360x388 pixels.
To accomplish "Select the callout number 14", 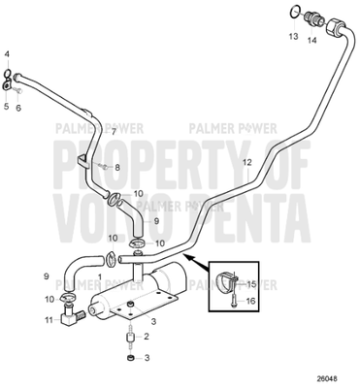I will point(311,41).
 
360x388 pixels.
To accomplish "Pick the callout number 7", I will point(113,131).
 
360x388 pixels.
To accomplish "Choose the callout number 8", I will point(117,167).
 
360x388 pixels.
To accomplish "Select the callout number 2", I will point(147,336).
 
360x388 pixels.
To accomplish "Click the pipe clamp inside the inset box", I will point(229,280).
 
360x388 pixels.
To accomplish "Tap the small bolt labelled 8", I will point(103,166).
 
